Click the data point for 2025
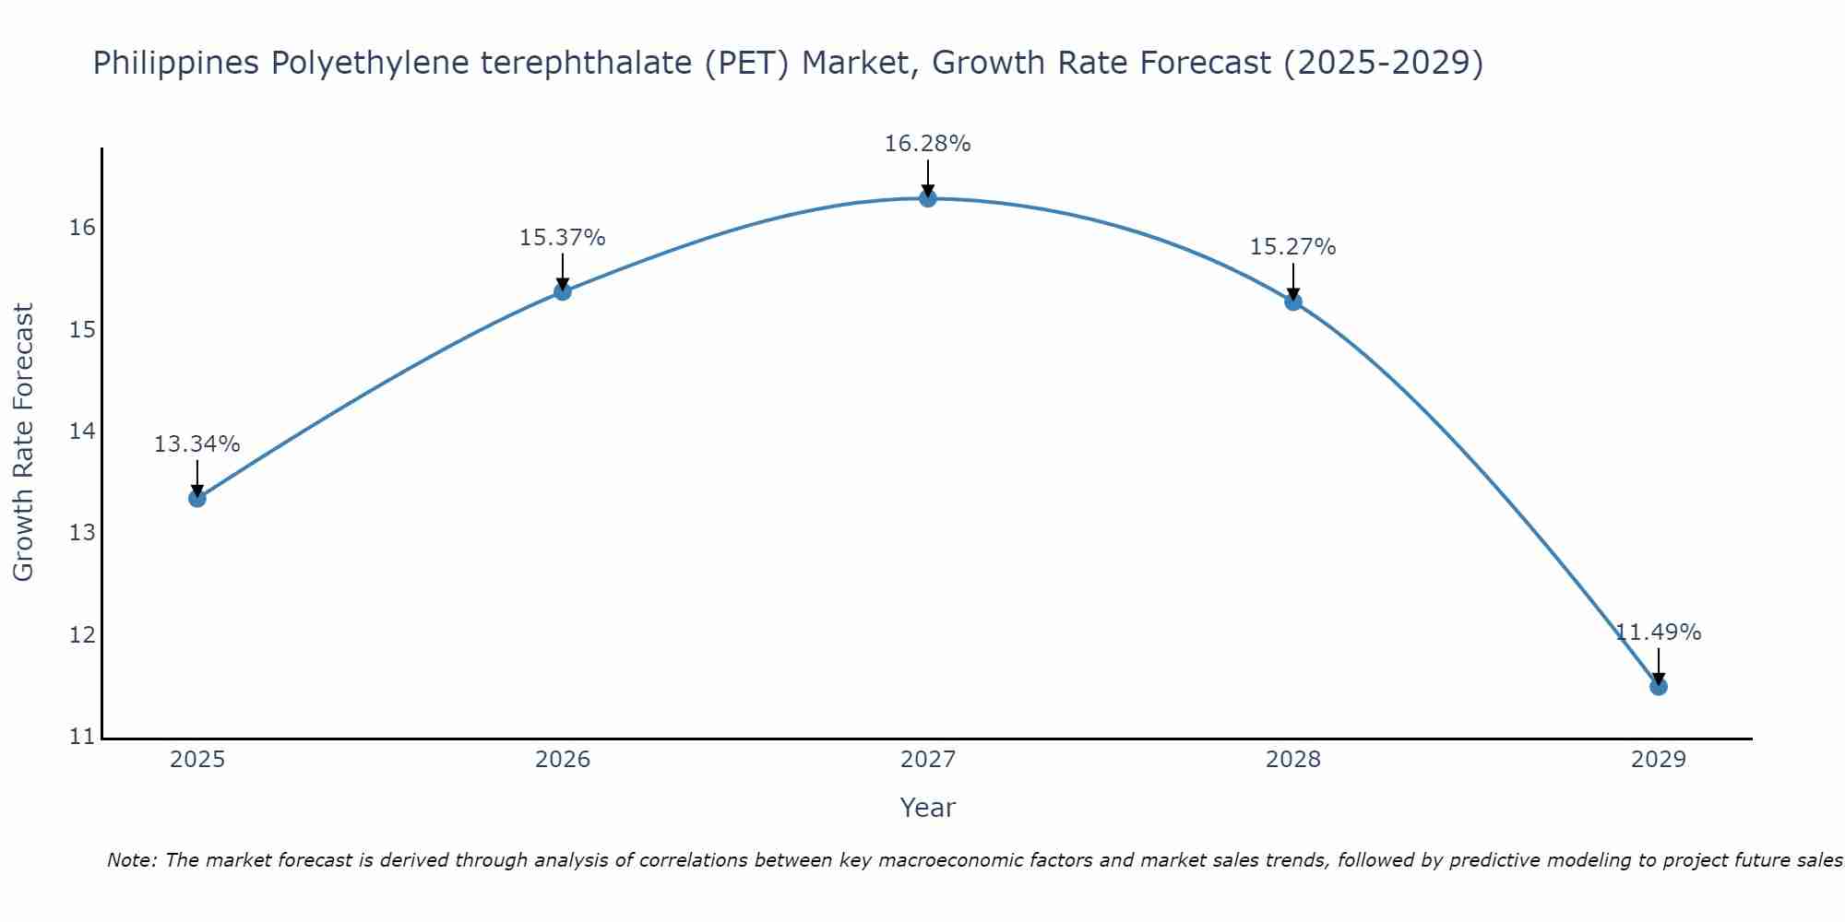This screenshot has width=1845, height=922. point(196,498)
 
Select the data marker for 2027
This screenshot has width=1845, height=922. point(927,198)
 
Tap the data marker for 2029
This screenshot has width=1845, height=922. point(1658,686)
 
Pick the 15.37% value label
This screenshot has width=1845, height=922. point(562,238)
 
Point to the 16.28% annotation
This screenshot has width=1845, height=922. point(927,144)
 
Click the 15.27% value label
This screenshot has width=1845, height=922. point(1292,247)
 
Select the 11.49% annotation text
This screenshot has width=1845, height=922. point(1658,632)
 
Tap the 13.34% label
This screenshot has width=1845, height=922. point(196,444)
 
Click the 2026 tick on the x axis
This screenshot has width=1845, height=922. point(562,760)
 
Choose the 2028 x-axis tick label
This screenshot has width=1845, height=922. point(1292,760)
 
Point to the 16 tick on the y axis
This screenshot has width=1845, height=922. point(82,228)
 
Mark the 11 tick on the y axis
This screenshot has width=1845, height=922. point(82,737)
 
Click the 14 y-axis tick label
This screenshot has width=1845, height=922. point(82,431)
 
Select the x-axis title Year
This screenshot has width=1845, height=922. point(927,808)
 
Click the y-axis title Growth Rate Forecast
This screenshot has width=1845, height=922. point(24,443)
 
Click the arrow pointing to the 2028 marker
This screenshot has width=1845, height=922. point(1292,280)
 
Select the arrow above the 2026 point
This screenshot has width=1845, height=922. point(562,271)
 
